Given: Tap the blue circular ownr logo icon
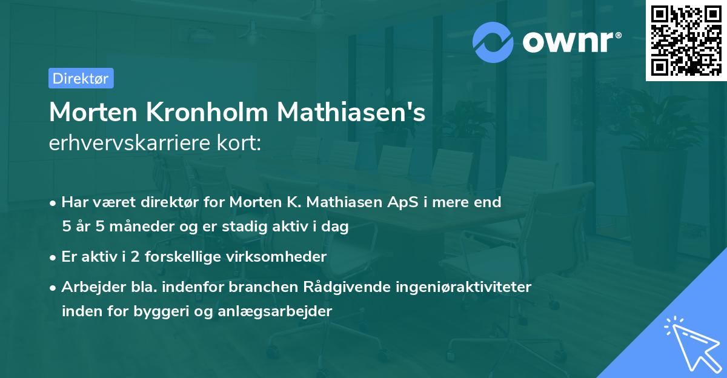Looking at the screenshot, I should click(x=493, y=42).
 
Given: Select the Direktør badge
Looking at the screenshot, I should click(x=81, y=78).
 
